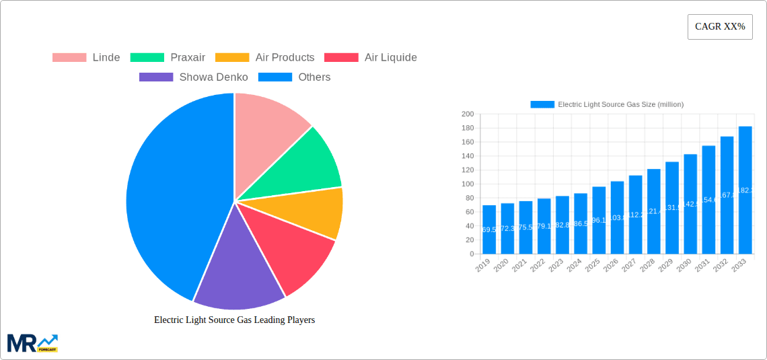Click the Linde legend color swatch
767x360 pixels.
[69, 58]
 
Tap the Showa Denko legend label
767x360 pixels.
[213, 77]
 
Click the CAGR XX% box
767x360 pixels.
[720, 27]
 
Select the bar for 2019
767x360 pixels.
[489, 229]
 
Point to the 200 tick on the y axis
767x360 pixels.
[467, 114]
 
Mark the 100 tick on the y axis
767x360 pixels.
[467, 184]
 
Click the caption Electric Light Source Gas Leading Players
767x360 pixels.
[234, 320]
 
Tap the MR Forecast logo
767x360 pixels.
[32, 343]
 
